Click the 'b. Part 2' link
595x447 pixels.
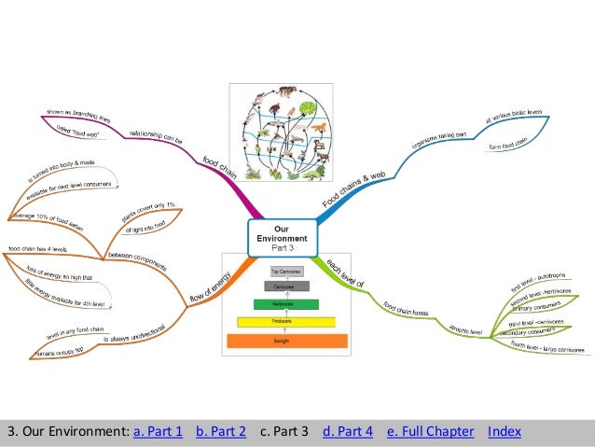pyautogui.click(x=221, y=431)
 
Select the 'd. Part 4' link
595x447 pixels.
pyautogui.click(x=347, y=431)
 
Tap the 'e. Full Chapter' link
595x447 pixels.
pyautogui.click(x=430, y=431)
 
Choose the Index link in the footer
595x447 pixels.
pyautogui.click(x=505, y=431)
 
